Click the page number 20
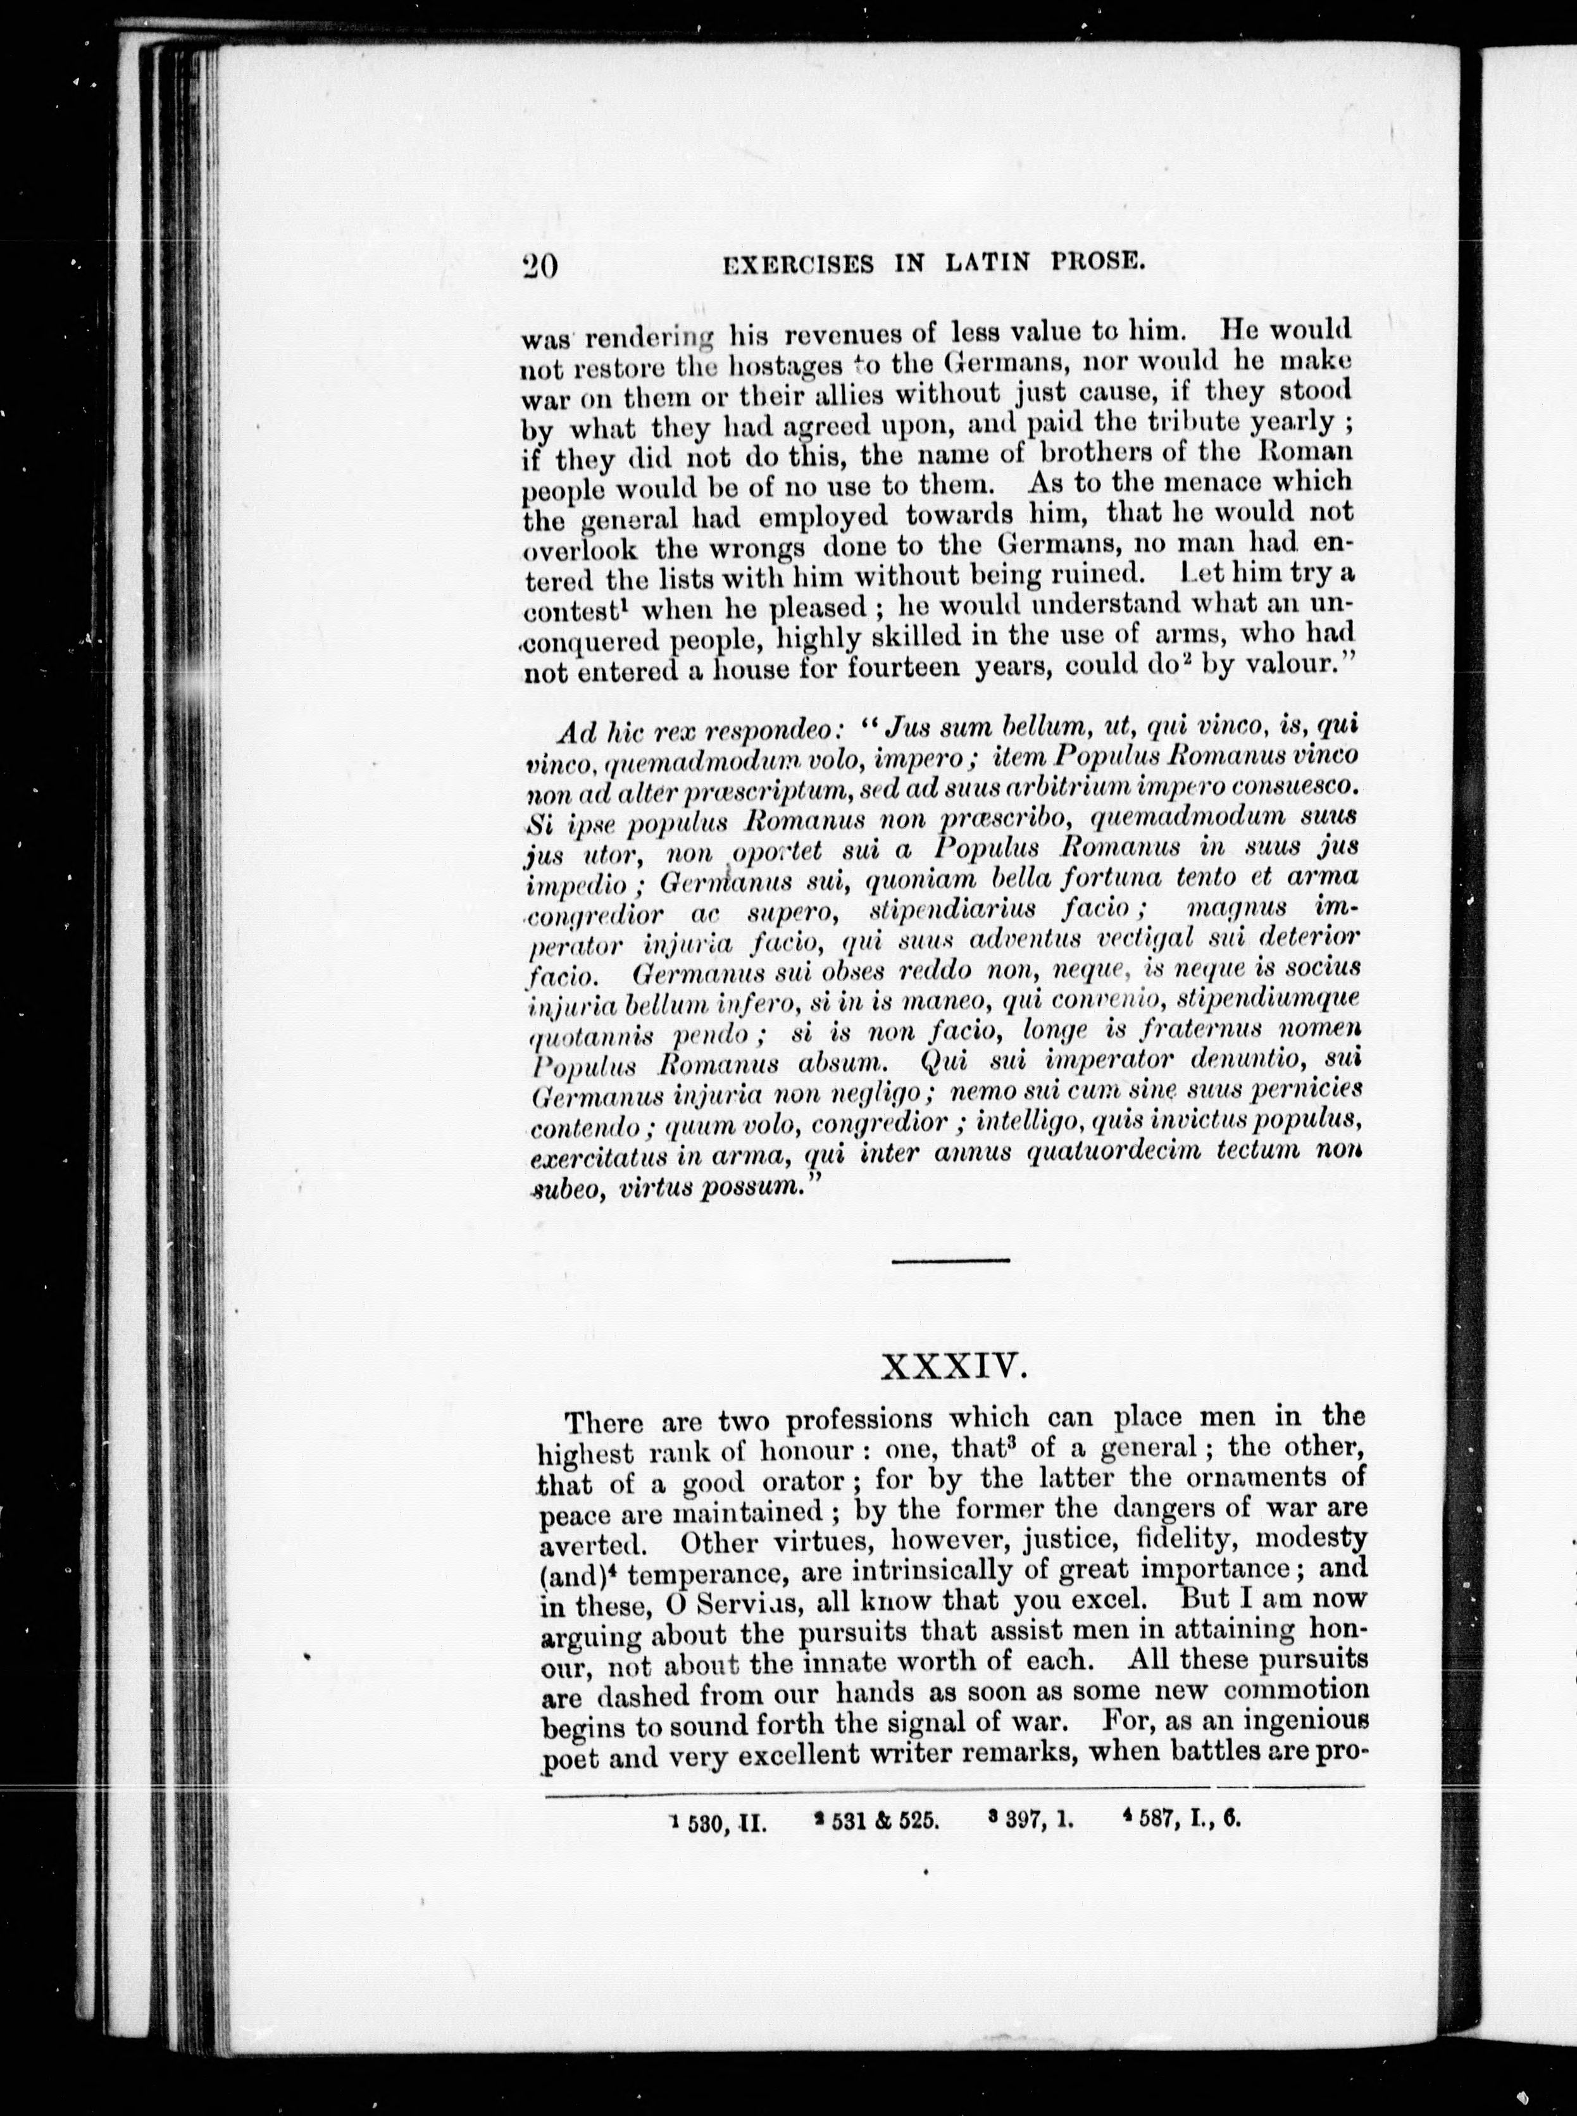[x=540, y=266]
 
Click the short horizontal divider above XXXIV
[x=951, y=1262]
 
